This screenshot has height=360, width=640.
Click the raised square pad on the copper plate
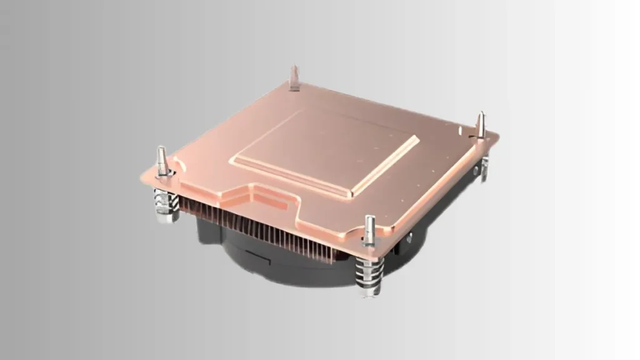[x=325, y=150]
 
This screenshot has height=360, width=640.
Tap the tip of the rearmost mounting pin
[x=294, y=67]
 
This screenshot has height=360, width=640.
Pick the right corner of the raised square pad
[x=417, y=138]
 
